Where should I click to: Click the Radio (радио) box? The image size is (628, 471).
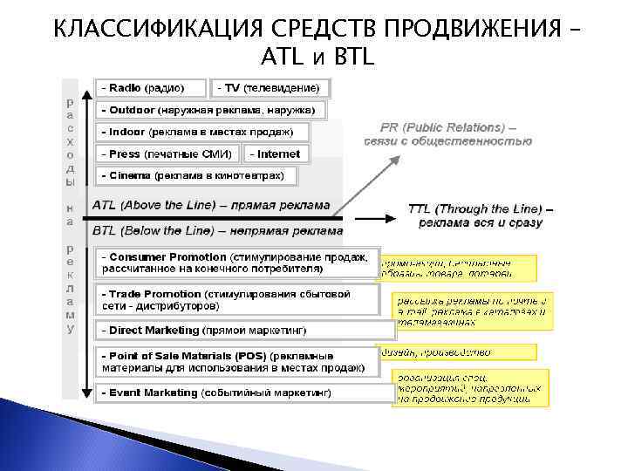(152, 88)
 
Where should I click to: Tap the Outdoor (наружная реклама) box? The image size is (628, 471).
(211, 110)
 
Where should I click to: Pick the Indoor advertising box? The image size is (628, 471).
(204, 132)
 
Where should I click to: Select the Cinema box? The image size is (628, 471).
(197, 175)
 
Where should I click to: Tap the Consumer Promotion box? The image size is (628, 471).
(238, 263)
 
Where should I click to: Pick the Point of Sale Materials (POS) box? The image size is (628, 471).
(238, 362)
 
